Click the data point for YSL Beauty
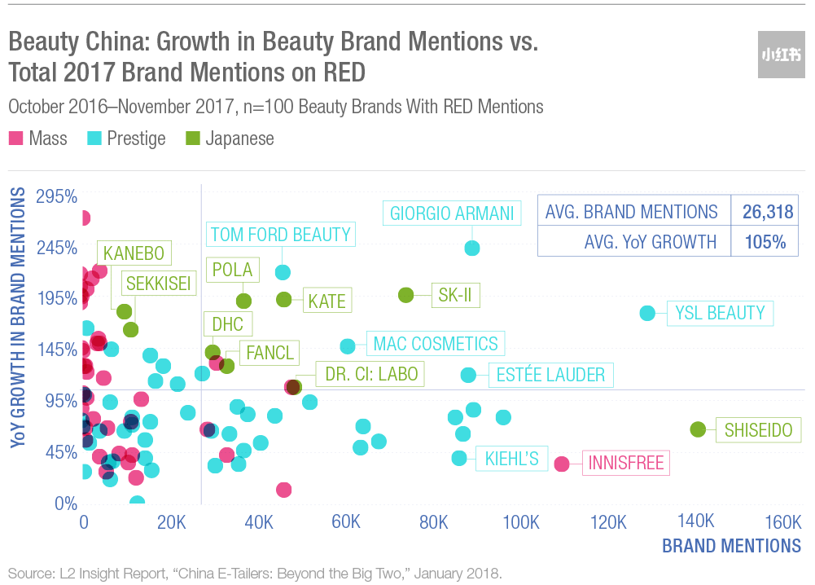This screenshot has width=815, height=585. [647, 313]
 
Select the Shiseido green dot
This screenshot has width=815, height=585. [698, 429]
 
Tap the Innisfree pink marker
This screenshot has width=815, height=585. [561, 464]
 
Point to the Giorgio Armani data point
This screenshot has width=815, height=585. [471, 248]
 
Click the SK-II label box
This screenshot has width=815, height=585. [454, 295]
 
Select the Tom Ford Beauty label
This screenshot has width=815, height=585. [280, 235]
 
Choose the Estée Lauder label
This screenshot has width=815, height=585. [551, 375]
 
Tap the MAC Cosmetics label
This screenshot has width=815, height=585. [435, 343]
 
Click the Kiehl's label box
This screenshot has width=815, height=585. [511, 458]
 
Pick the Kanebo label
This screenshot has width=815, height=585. [134, 253]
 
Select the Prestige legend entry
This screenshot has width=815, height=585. [126, 139]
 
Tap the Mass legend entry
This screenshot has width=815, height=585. [38, 139]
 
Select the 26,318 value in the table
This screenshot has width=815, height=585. [767, 212]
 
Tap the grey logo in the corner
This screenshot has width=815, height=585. [781, 55]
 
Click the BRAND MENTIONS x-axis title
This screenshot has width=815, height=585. [731, 545]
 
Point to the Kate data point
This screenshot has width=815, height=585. [284, 300]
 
